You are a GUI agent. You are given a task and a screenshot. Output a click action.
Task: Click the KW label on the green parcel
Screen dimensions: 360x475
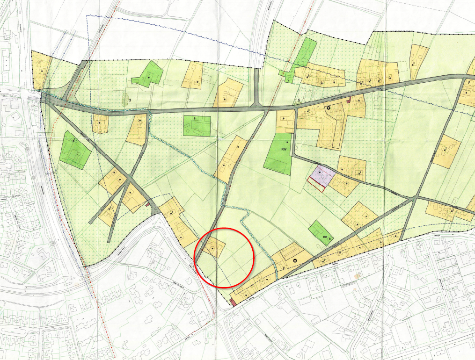point(284,149)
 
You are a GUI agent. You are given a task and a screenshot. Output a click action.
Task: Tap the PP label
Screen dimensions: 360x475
point(325,238)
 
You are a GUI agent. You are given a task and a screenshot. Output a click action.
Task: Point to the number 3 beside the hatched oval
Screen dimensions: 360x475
point(131,101)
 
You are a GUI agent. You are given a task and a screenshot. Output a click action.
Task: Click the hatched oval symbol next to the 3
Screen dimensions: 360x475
point(125,99)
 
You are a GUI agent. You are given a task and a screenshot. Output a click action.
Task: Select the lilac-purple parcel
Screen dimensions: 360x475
point(321,175)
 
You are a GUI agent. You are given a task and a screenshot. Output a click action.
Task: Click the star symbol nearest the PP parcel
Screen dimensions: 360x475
point(295,260)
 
